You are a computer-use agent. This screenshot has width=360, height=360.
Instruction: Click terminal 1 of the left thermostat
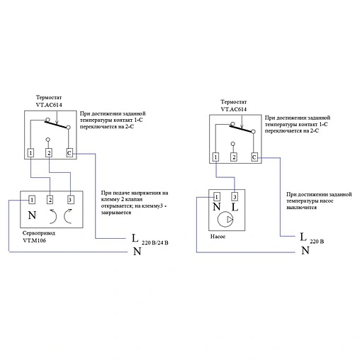(30, 153)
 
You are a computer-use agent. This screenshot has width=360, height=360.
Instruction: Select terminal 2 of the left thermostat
(49, 153)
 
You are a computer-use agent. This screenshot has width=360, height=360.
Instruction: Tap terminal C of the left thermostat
(69, 153)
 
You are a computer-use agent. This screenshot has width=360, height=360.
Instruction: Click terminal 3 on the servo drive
(70, 200)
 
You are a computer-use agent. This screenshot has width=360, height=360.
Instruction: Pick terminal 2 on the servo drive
(50, 200)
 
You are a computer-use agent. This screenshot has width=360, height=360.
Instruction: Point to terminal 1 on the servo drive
(32, 200)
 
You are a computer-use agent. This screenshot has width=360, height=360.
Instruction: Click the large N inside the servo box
(32, 215)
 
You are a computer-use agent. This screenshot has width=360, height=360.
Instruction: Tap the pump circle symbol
(225, 219)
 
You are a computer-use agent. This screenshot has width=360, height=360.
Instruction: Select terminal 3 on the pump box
(235, 196)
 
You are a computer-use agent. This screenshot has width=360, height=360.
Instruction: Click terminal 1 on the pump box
(217, 196)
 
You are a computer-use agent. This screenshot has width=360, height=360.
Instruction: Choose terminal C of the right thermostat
(254, 157)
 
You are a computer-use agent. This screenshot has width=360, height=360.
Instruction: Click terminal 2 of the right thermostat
(234, 157)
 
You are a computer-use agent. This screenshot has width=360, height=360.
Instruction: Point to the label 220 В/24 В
(155, 242)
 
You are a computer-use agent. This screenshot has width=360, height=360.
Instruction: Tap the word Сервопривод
(39, 233)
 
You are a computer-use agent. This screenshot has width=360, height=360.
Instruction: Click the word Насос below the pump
(218, 236)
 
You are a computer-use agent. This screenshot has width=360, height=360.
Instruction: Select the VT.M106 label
(35, 240)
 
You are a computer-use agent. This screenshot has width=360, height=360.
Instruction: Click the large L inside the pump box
(235, 207)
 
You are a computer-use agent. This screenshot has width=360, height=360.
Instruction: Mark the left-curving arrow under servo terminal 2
(53, 216)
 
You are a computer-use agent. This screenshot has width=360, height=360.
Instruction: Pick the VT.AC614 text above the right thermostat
(234, 109)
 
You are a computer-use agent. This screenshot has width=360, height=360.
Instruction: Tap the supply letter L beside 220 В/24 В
(135, 238)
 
